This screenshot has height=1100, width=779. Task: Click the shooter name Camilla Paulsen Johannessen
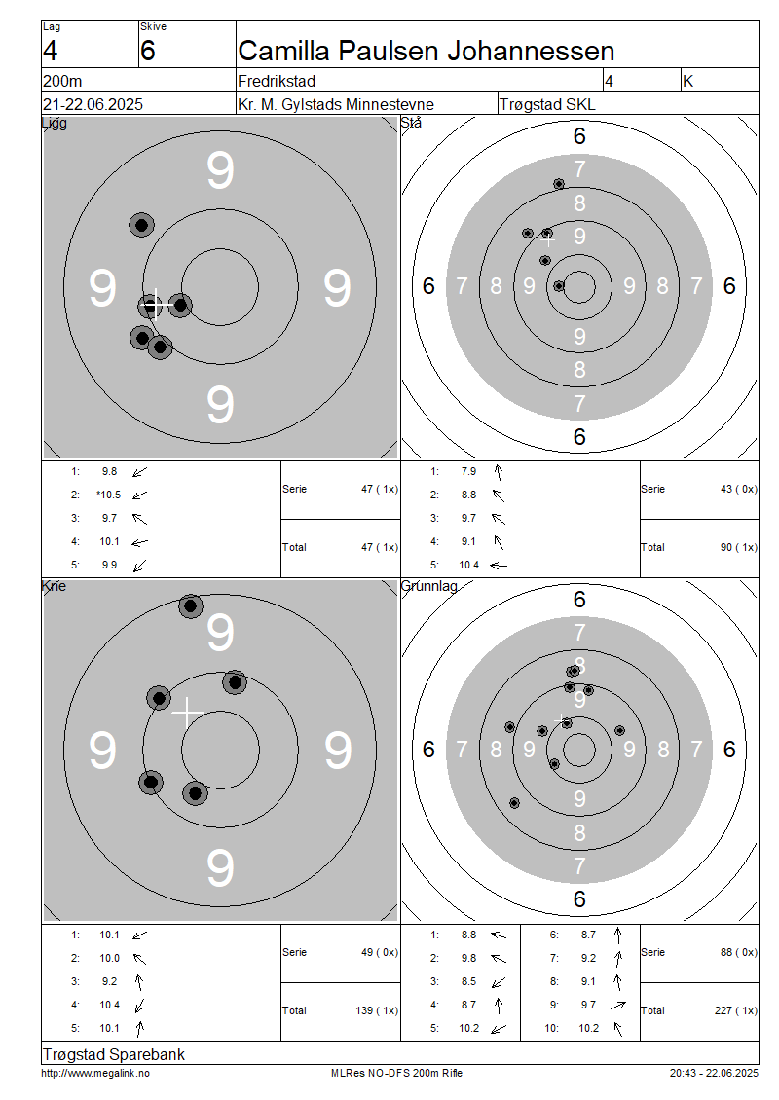pos(426,52)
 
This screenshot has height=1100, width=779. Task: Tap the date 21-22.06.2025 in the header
pos(93,104)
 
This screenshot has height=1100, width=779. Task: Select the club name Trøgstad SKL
pos(547,104)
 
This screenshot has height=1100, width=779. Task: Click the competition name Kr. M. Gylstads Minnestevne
pos(336,104)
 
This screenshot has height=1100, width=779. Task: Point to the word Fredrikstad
pos(277,81)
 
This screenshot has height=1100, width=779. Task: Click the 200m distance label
pos(62,81)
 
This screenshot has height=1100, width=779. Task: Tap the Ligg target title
pos(55,124)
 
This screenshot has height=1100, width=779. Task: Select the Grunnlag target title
pos(429,586)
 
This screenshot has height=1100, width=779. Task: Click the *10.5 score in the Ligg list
pos(109,495)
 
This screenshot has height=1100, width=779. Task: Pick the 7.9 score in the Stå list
pos(468,471)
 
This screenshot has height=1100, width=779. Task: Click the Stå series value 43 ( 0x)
pos(739,489)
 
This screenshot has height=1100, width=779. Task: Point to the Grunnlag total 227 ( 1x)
pos(736,1010)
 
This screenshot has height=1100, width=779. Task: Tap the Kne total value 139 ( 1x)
pos(377,1010)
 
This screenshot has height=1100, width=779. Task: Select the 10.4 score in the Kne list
pos(109,1005)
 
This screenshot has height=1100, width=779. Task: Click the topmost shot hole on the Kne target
pos(191,606)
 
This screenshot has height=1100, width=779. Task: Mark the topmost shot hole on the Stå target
pos(559,184)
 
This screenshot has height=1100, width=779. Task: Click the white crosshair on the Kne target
pos(187,712)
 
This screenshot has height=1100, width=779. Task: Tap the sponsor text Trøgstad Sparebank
pos(114,1054)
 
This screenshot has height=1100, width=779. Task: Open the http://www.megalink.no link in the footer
pos(95,1073)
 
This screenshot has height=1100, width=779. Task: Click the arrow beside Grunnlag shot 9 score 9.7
pos(617,1006)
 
